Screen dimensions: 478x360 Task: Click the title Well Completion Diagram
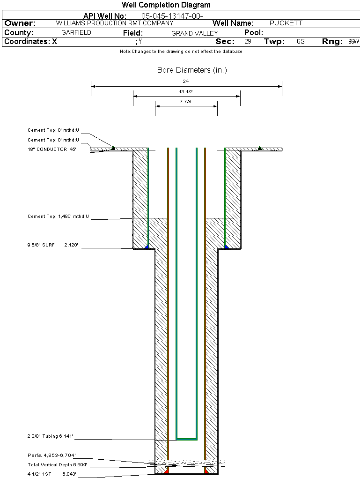pyautogui.click(x=166, y=5)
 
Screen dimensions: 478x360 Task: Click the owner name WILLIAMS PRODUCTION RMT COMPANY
pyautogui.click(x=114, y=23)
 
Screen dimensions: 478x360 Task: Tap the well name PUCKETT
pyautogui.click(x=286, y=23)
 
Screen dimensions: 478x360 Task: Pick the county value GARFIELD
pyautogui.click(x=76, y=33)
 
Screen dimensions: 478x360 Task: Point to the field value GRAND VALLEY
pyautogui.click(x=194, y=33)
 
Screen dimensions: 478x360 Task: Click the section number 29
pyautogui.click(x=248, y=42)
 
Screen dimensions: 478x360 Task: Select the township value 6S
pyautogui.click(x=301, y=42)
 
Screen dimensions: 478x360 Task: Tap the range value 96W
pyautogui.click(x=353, y=42)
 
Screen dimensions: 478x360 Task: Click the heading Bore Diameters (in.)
pyautogui.click(x=192, y=70)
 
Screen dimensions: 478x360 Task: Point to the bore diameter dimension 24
pyautogui.click(x=186, y=82)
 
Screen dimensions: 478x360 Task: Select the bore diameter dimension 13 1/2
pyautogui.click(x=186, y=91)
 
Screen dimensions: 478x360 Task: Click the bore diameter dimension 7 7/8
pyautogui.click(x=186, y=101)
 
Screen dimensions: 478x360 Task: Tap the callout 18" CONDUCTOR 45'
pyautogui.click(x=51, y=149)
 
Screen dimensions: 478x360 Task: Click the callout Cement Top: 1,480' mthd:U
pyautogui.click(x=58, y=217)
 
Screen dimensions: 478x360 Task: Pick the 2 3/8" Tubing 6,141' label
pyautogui.click(x=50, y=436)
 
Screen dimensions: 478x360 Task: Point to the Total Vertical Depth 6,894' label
pyautogui.click(x=57, y=465)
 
